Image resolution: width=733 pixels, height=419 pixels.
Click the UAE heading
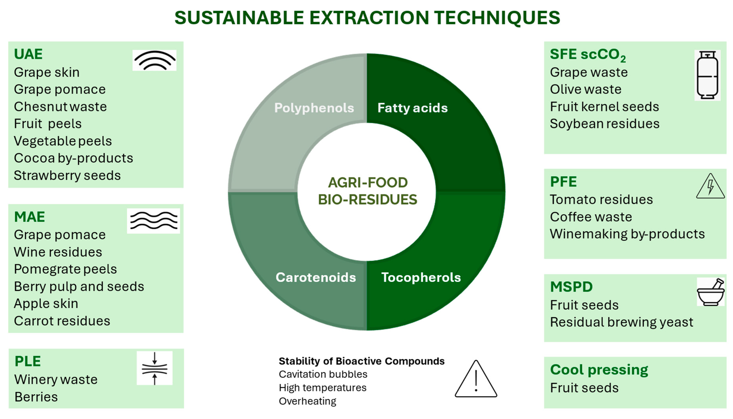click(28, 54)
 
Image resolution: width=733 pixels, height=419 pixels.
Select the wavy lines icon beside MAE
click(154, 221)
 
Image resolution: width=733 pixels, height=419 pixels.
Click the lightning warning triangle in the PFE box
click(710, 186)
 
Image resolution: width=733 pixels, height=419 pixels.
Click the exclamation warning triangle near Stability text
click(476, 379)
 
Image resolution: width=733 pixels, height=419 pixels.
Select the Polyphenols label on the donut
click(314, 108)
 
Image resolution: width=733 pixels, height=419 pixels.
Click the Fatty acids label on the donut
click(412, 108)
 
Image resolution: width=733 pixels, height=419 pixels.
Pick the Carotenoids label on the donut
click(316, 277)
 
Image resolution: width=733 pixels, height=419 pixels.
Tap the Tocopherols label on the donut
click(421, 278)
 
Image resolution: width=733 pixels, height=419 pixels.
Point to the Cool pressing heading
click(599, 370)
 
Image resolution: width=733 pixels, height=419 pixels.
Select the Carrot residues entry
click(62, 321)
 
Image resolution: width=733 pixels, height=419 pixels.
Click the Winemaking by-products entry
click(627, 234)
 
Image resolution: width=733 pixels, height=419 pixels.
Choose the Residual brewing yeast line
click(622, 322)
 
